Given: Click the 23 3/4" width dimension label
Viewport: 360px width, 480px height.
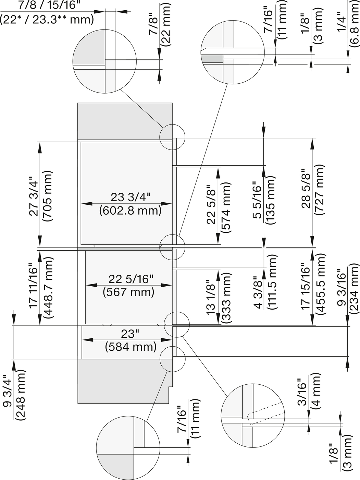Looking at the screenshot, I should tap(131, 197).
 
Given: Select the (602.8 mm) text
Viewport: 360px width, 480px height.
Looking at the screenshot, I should tap(131, 210).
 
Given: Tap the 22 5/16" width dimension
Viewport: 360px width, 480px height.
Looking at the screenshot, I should tap(128, 279).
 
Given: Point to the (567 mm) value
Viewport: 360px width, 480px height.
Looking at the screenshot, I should tap(128, 292).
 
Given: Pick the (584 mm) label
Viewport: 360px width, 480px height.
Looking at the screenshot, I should tap(131, 346).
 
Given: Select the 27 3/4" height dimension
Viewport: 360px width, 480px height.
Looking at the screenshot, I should tap(34, 196).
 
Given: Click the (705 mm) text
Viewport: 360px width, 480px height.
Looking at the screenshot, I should tap(47, 196).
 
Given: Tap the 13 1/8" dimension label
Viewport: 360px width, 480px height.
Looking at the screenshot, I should tap(212, 297).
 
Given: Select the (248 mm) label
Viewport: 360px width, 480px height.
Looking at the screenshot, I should tap(20, 394).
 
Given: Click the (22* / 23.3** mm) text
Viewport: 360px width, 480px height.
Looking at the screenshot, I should tap(47, 19).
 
